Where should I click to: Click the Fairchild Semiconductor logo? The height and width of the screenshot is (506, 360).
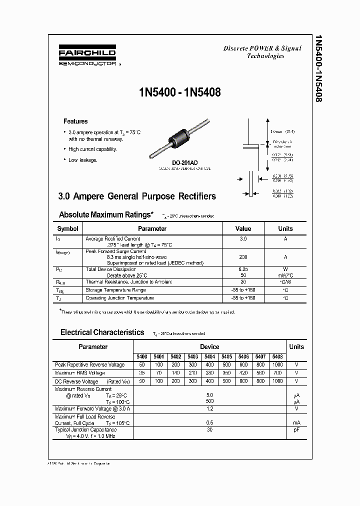click(87, 56)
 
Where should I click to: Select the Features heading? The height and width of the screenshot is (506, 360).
click(75, 121)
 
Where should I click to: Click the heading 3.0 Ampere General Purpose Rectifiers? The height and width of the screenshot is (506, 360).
click(137, 196)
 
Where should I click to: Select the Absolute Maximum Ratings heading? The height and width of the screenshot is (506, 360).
click(106, 214)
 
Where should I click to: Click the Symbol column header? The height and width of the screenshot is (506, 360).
click(68, 228)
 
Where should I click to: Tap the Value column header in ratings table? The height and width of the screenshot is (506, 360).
click(243, 228)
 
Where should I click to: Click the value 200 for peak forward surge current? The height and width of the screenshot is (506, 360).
click(243, 257)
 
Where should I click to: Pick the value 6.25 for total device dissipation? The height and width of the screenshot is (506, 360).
click(243, 269)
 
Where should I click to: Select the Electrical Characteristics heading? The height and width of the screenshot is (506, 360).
click(102, 332)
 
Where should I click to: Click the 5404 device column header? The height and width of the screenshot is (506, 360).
click(209, 356)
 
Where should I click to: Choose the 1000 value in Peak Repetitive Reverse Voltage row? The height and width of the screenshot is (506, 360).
click(277, 365)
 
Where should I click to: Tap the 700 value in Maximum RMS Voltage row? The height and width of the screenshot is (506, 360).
click(277, 373)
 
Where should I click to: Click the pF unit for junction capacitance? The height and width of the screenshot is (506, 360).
click(296, 429)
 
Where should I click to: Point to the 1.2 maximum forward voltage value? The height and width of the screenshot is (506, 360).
click(209, 408)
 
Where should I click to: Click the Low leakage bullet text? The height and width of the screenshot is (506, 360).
click(83, 160)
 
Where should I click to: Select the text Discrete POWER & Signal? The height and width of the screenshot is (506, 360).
click(262, 48)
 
